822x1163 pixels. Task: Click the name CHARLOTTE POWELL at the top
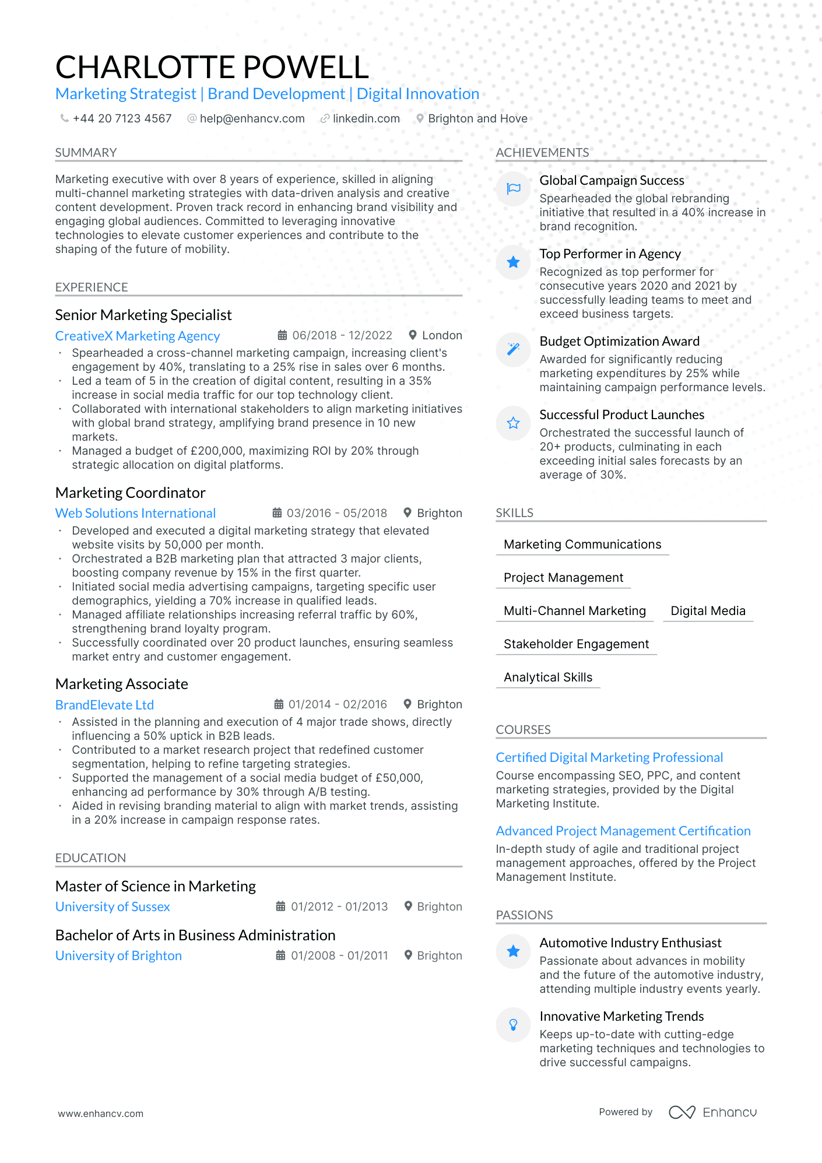[212, 67]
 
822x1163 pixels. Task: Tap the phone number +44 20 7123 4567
[122, 119]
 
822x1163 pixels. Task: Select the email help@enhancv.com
[252, 119]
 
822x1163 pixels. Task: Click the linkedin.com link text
[366, 119]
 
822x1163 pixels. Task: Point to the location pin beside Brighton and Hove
[420, 118]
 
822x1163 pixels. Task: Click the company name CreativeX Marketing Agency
[138, 336]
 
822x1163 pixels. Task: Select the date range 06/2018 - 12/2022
[342, 336]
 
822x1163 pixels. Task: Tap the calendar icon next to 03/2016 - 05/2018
[277, 513]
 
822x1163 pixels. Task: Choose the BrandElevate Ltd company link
[104, 705]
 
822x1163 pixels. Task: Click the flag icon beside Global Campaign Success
[513, 188]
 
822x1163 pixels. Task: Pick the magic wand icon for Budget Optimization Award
[513, 349]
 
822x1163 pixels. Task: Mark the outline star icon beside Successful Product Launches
[513, 423]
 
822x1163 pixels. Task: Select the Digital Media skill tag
[708, 611]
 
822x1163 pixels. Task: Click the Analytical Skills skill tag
[548, 677]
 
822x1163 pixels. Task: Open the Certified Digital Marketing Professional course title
[609, 758]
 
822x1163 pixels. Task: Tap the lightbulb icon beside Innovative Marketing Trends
[513, 1024]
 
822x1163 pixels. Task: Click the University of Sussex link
[113, 907]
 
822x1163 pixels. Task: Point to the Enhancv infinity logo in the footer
[682, 1112]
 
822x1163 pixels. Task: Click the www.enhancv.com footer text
[100, 1113]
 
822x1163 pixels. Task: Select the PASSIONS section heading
[524, 915]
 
